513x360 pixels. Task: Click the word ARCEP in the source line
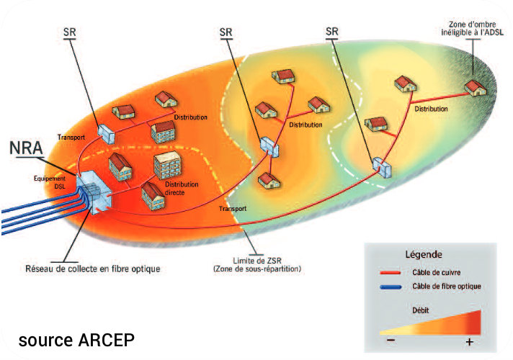point(107,339)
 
